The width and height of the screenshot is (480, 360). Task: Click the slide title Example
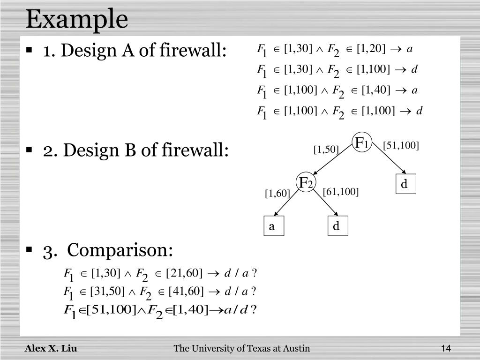(76, 20)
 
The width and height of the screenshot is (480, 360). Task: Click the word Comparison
(120, 250)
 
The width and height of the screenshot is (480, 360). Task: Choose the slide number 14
(445, 348)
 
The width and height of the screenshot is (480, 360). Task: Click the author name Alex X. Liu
(51, 348)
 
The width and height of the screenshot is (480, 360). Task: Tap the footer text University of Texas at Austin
(241, 348)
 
